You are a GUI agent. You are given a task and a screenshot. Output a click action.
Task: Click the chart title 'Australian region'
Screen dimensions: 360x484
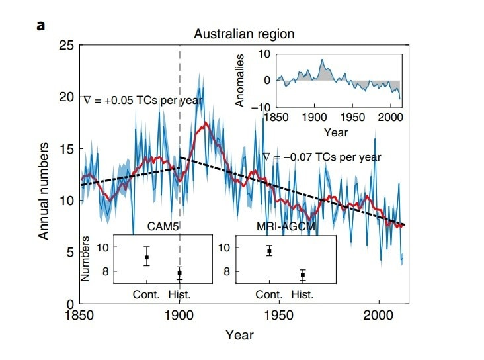click(x=243, y=33)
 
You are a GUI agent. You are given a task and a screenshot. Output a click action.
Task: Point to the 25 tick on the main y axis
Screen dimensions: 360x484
click(x=65, y=46)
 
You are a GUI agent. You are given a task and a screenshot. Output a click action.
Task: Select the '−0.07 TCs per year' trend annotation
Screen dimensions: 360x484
click(x=321, y=157)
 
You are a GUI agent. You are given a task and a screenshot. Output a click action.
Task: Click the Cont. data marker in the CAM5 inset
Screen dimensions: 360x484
click(x=147, y=257)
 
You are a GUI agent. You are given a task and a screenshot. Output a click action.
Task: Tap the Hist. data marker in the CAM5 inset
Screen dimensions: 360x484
click(x=179, y=273)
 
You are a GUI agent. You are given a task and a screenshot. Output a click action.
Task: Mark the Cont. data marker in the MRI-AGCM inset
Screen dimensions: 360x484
click(x=269, y=251)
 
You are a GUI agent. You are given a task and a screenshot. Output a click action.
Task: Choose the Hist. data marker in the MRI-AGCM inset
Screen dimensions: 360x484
click(x=303, y=274)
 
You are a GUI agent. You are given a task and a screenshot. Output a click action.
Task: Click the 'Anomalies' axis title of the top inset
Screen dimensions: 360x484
click(x=241, y=80)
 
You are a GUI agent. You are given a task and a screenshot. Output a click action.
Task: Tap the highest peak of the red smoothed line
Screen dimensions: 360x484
click(x=206, y=123)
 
